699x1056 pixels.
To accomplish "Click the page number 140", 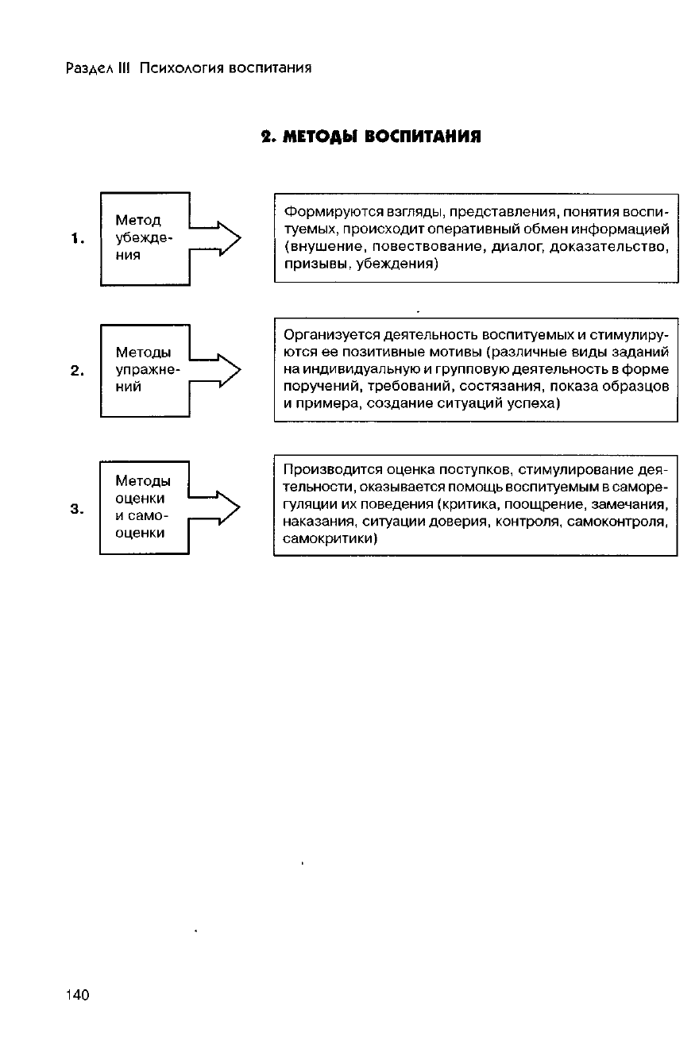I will pyautogui.click(x=78, y=996).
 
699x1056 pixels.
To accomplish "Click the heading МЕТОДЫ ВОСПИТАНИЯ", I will pyautogui.click(x=372, y=136).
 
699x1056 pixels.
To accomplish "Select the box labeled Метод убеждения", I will pyautogui.click(x=143, y=238).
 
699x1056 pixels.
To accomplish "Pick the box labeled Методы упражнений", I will pyautogui.click(x=143, y=370).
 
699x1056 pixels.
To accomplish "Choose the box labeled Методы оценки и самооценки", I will pyautogui.click(x=143, y=507).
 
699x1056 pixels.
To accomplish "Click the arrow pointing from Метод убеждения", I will pyautogui.click(x=216, y=238).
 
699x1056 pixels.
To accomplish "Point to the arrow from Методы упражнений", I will pyautogui.click(x=216, y=370).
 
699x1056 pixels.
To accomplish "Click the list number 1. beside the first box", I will pyautogui.click(x=77, y=238).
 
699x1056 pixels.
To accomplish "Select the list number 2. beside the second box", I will pyautogui.click(x=77, y=370).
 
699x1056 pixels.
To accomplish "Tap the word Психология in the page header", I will pyautogui.click(x=180, y=67).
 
